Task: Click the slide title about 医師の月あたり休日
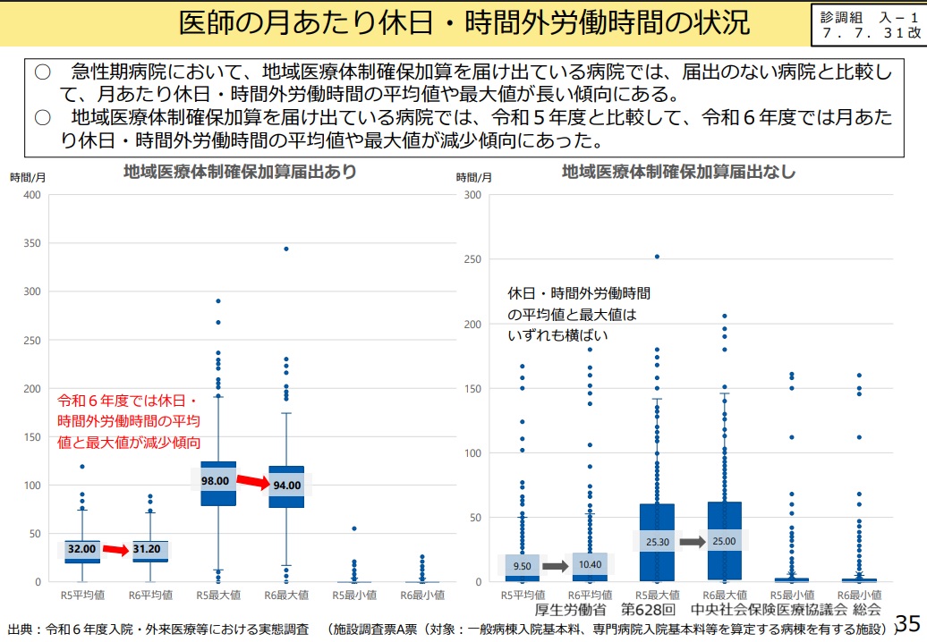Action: click(463, 22)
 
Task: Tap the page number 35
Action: click(907, 622)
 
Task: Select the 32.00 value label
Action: click(81, 549)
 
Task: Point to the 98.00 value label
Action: click(215, 480)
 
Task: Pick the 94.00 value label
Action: click(287, 486)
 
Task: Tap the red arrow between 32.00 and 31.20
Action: click(115, 550)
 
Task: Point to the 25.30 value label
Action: click(655, 541)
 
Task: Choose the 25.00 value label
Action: click(725, 541)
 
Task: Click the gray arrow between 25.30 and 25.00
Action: click(691, 541)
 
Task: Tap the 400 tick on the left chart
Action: click(32, 195)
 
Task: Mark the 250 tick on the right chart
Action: click(472, 259)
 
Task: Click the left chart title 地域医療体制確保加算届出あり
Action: click(240, 172)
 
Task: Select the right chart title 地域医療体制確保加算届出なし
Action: click(678, 172)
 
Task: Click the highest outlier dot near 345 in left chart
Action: click(286, 249)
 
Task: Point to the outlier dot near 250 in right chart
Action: click(656, 257)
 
